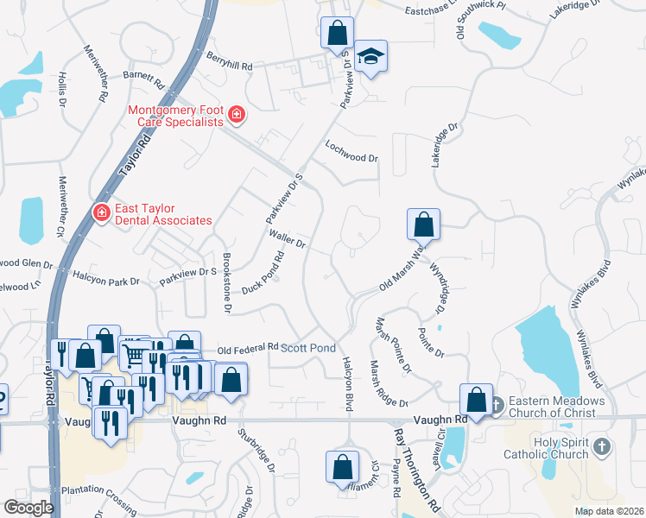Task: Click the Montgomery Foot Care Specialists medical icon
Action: pyautogui.click(x=236, y=115)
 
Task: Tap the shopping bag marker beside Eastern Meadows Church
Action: pyautogui.click(x=476, y=399)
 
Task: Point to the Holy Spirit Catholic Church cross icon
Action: pyautogui.click(x=603, y=447)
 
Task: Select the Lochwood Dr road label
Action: pyautogui.click(x=351, y=153)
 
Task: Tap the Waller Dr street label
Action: pyautogui.click(x=288, y=239)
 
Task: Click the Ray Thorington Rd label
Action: pyautogui.click(x=418, y=466)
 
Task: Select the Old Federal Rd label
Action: pyautogui.click(x=248, y=349)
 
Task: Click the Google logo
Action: pyautogui.click(x=28, y=507)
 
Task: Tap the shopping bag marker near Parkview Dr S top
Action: pyautogui.click(x=337, y=34)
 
